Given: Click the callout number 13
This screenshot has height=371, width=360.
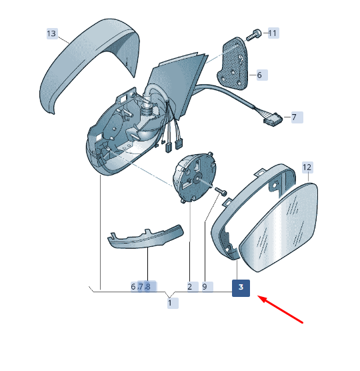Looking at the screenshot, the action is [x=52, y=33].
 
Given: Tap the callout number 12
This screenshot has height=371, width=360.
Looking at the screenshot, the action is [x=307, y=167].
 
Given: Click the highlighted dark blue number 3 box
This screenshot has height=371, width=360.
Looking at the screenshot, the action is [x=241, y=288].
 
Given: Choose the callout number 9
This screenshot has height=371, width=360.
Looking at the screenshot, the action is [x=205, y=287].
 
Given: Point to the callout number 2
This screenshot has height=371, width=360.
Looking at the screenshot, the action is [x=190, y=287].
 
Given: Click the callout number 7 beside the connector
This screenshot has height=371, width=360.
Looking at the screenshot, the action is [x=294, y=117].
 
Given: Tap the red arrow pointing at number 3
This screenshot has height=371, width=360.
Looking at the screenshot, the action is [x=280, y=309].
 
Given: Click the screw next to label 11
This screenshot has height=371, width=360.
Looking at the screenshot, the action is [x=253, y=35].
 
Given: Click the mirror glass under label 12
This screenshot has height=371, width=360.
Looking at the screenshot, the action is [x=279, y=228].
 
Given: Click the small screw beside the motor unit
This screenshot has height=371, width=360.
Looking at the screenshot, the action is [x=221, y=191].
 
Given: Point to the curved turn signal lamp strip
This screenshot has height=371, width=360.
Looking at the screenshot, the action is [x=146, y=238].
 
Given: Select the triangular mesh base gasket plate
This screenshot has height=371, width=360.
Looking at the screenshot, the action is [x=233, y=64].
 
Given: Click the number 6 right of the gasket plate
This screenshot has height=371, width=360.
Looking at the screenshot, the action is [x=260, y=75].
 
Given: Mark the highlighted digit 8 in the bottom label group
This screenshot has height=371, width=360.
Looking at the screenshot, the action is [x=148, y=287].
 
